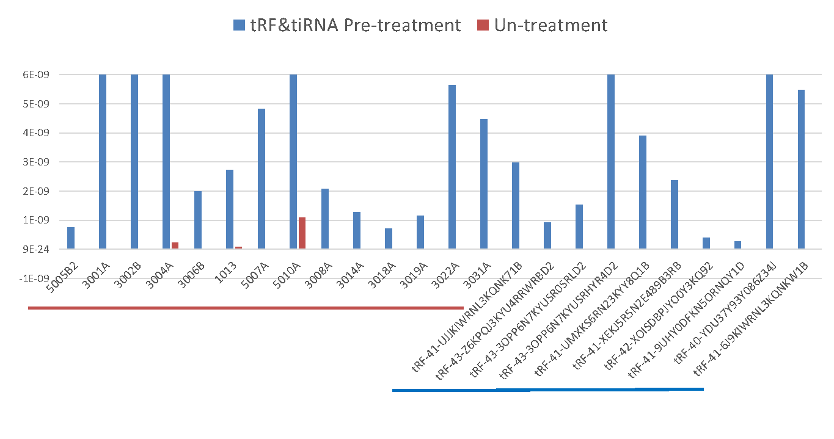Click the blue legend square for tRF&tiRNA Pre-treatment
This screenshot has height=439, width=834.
(239, 25)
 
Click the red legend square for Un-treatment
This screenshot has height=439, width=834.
(483, 25)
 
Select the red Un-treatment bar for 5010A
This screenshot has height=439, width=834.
(302, 233)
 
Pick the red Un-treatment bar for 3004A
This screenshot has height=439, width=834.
(175, 245)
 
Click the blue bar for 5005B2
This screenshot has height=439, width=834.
(71, 238)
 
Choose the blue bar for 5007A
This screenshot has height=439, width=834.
(262, 179)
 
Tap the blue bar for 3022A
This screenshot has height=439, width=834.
(452, 167)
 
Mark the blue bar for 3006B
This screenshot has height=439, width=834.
(198, 220)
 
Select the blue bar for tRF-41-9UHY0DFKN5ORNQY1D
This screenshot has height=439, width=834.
(738, 245)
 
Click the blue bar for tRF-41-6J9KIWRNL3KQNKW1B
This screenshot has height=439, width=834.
(802, 169)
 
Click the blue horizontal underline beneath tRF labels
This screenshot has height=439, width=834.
(547, 390)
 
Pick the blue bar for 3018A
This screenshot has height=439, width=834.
(389, 239)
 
